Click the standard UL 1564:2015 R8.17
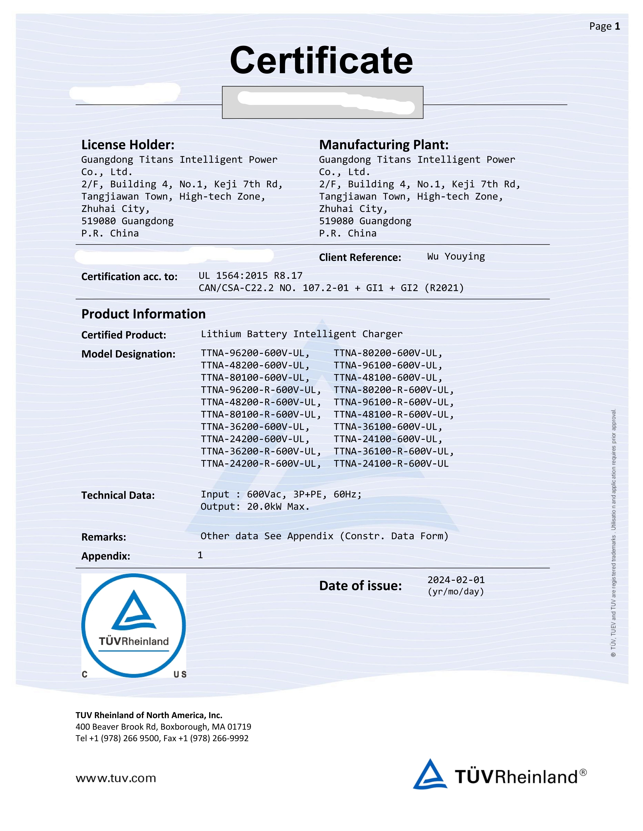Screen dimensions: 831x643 250,275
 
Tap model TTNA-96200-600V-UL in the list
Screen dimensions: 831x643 255,353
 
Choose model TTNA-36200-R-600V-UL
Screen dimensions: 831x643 261,451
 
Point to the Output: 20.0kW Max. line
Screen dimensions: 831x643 255,506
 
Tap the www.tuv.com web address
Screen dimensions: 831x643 116,778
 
